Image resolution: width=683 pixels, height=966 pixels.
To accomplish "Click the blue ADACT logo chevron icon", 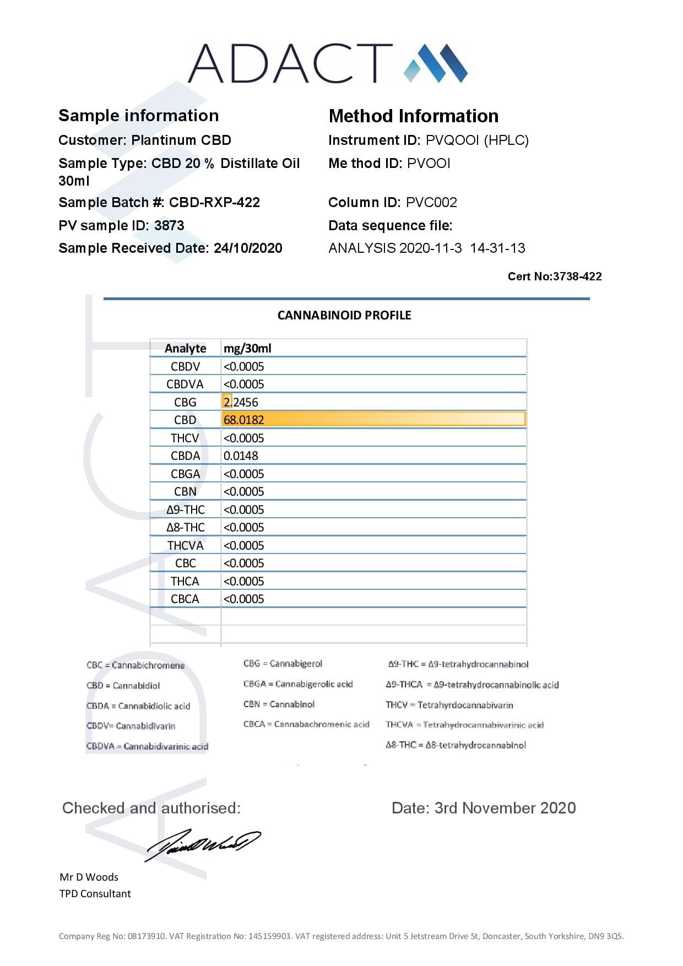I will [x=436, y=63].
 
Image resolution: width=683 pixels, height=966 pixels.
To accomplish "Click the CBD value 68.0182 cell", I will [x=243, y=420].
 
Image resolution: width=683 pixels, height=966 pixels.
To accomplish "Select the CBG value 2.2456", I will [x=241, y=402].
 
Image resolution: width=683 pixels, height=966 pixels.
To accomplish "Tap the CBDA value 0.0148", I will [x=241, y=455].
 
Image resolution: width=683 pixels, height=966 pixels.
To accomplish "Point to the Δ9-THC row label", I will [x=185, y=509].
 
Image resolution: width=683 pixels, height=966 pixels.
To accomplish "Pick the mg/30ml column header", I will [x=247, y=348].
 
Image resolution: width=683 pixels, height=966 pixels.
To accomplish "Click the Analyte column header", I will [x=185, y=348].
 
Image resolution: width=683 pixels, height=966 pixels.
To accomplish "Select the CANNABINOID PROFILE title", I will [x=344, y=315].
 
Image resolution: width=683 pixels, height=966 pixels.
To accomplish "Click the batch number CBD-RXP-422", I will [x=214, y=202].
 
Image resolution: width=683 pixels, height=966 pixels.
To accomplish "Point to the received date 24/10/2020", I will [x=248, y=248].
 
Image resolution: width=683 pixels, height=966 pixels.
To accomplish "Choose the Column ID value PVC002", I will [x=431, y=202].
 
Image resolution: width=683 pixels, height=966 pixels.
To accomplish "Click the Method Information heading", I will [x=413, y=116].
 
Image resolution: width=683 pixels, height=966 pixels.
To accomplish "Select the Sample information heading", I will [x=138, y=115].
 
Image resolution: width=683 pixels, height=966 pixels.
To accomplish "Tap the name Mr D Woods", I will [x=89, y=877].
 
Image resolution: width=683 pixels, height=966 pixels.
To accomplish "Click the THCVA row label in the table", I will [x=185, y=545].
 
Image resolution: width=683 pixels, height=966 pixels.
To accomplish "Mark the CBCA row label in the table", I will [x=185, y=599].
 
